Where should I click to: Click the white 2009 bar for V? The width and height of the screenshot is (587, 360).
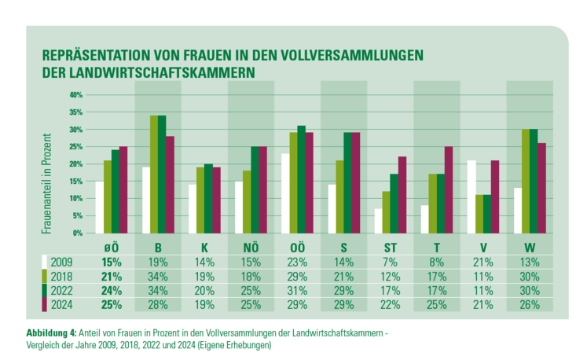coord(471,197)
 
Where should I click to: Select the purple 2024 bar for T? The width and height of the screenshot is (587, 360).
coord(448,189)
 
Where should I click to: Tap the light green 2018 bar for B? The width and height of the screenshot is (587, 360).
coord(154,174)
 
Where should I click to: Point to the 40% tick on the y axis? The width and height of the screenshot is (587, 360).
coord(76,95)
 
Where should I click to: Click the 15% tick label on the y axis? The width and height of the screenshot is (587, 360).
coord(76,182)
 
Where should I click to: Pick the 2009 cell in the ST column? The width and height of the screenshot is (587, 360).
coord(390,262)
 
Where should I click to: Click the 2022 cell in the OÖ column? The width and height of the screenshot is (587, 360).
coord(297,290)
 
